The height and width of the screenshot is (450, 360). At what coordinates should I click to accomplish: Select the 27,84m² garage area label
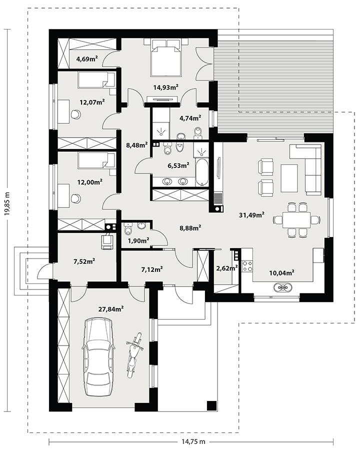(111, 309)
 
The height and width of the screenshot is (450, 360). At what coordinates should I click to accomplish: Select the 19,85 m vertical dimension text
(7, 205)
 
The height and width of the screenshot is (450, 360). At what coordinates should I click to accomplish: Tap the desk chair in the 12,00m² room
(75, 198)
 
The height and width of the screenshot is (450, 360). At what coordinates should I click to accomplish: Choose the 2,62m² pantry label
(224, 268)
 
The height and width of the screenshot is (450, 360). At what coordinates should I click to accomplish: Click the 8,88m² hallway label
(190, 227)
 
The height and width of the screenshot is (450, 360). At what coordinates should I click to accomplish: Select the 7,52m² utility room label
(84, 260)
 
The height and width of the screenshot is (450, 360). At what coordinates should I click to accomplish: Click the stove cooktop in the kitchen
(247, 266)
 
